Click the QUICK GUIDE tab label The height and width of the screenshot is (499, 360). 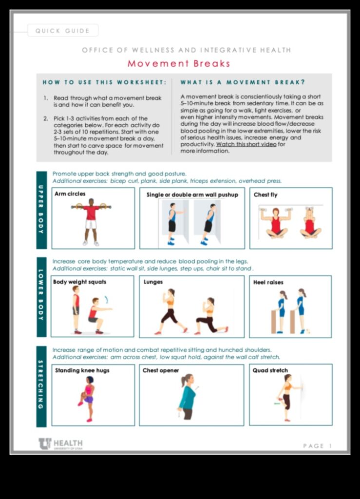62,31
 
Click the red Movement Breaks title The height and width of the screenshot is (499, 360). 179,64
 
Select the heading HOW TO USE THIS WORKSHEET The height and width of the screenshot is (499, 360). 104,82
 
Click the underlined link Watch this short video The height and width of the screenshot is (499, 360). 246,144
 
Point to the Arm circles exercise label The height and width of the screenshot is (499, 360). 70,194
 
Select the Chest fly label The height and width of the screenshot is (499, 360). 265,195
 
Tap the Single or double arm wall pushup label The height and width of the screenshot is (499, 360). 192,195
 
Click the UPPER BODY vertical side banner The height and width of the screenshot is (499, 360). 41,211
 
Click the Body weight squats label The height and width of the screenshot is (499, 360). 79,282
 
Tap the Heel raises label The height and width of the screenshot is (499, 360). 268,282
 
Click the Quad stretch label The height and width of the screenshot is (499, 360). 270,370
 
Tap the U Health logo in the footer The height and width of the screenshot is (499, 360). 60,443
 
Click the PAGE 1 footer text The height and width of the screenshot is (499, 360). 317,446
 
